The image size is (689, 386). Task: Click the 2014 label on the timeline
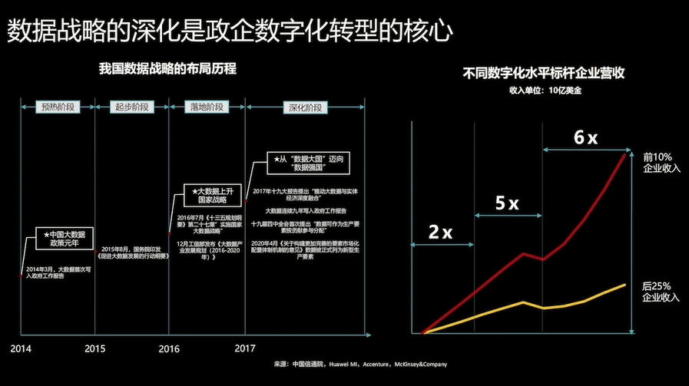tap(22, 348)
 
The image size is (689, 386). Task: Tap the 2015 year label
tap(95, 348)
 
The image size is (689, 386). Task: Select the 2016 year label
tap(168, 348)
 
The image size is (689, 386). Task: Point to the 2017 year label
tap(244, 348)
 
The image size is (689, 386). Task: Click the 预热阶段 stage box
tap(58, 107)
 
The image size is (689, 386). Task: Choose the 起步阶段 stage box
tap(131, 107)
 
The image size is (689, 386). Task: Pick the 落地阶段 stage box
tap(207, 107)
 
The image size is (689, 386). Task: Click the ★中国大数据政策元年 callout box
tap(59, 238)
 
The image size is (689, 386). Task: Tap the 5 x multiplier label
tap(506, 203)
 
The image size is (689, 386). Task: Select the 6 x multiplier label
tap(585, 137)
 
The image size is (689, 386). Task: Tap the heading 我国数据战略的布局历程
tap(167, 69)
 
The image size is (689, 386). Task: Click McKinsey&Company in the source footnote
tap(419, 365)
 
